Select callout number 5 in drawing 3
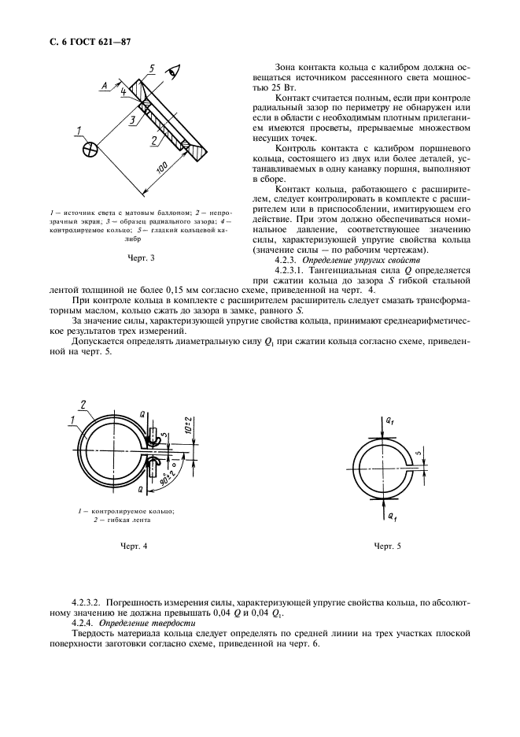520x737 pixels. click(x=153, y=68)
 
